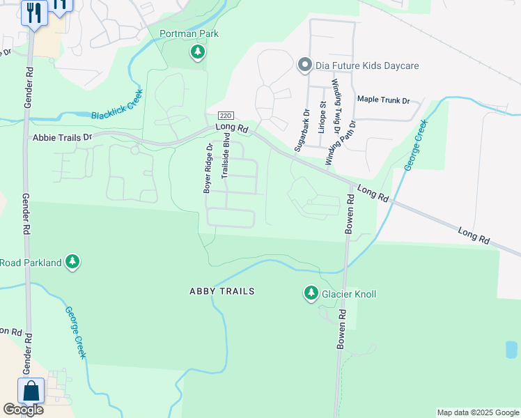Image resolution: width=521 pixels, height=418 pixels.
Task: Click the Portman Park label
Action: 189,33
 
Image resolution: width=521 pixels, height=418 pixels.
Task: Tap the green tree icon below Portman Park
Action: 199,52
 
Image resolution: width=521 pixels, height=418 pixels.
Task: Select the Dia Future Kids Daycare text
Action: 367,65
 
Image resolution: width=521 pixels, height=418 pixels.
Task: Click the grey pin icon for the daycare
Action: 304,65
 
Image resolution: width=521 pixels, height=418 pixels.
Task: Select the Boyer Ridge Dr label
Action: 207,168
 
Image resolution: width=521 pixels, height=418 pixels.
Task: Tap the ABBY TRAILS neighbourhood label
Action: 221,291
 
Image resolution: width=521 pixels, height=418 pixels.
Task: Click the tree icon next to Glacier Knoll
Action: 311,294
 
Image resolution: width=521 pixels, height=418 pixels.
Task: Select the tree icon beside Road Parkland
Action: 72,262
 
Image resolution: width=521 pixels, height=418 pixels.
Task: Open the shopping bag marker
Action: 32,390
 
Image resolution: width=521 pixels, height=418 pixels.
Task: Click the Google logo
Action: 23,410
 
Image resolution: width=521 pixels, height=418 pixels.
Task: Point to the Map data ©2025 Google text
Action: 477,412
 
